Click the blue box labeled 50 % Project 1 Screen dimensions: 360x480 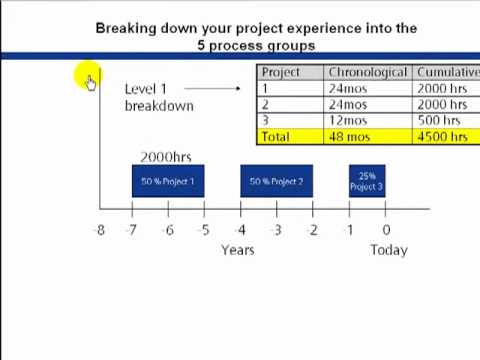click(168, 181)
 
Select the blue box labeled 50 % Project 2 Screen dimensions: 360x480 click(276, 181)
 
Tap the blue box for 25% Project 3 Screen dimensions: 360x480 click(366, 181)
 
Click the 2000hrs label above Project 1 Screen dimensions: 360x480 click(165, 157)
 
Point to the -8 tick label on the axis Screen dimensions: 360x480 click(98, 230)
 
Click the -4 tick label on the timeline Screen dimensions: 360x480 click(240, 230)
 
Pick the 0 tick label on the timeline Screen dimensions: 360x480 click(386, 230)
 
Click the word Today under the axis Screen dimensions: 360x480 click(388, 250)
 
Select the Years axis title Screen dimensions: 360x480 click(237, 250)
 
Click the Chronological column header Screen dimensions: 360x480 click(367, 73)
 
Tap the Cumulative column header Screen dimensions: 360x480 click(447, 73)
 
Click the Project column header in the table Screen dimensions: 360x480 click(281, 73)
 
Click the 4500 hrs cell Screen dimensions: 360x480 click(442, 136)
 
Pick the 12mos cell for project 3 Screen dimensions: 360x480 click(348, 120)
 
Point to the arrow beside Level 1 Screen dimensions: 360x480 click(213, 88)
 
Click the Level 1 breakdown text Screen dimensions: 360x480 click(158, 97)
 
